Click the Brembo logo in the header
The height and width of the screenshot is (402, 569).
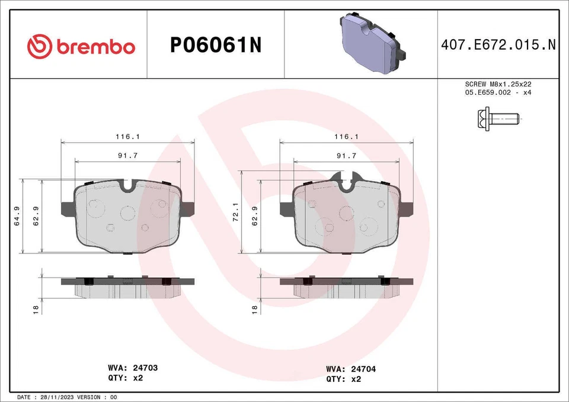point(81,46)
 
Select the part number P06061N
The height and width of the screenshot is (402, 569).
point(216,46)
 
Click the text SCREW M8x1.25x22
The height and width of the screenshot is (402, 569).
point(498,85)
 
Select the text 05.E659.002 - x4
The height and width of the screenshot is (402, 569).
point(498,94)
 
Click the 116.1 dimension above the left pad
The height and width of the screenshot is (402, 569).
point(127,136)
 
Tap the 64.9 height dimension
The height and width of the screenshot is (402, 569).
point(17,216)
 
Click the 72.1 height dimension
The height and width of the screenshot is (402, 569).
point(235,212)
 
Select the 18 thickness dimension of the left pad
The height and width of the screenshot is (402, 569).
point(36,309)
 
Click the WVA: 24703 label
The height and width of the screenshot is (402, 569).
point(133,368)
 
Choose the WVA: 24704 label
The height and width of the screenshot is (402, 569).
point(351,368)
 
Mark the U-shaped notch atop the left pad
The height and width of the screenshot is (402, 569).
point(127,186)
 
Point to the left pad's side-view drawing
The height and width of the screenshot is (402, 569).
point(127,288)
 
